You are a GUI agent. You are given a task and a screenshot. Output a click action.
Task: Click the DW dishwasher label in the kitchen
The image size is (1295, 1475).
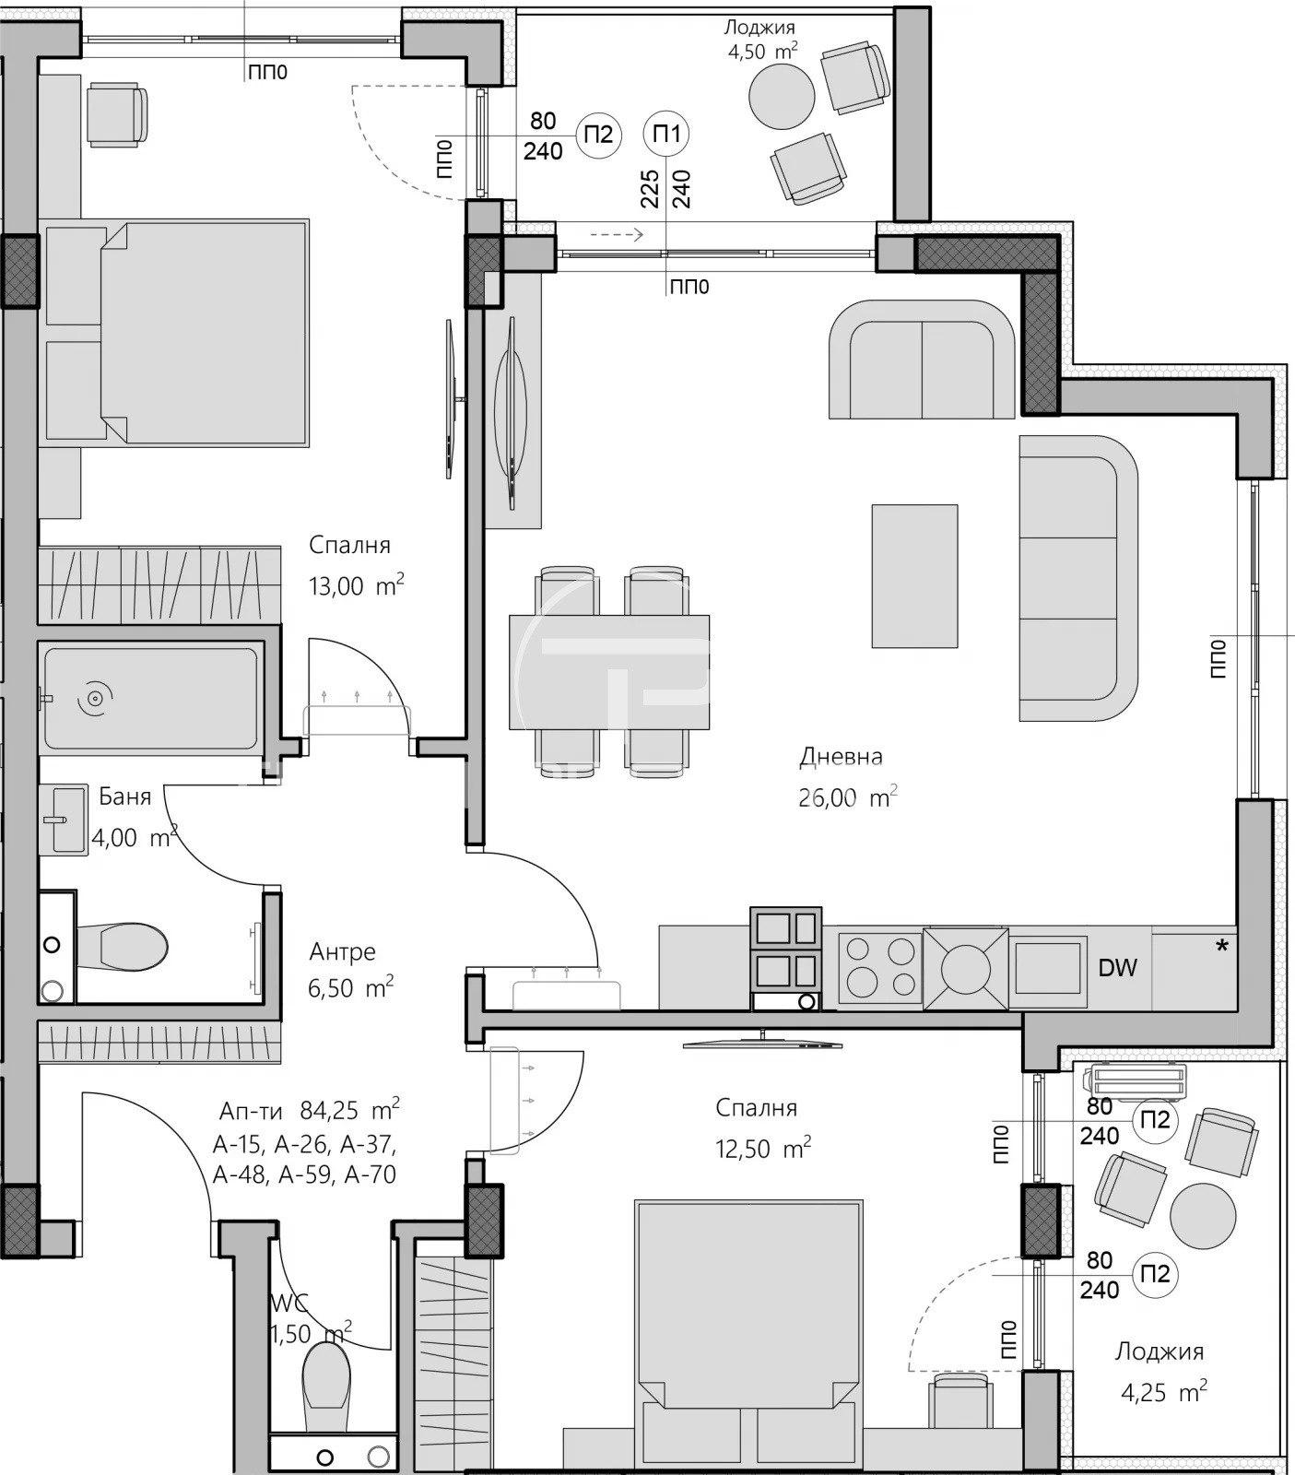point(1117,968)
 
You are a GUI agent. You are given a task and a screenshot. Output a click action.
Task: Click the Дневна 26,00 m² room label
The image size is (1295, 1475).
point(846,777)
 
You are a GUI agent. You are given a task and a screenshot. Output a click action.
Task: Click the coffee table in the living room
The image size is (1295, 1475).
point(914,576)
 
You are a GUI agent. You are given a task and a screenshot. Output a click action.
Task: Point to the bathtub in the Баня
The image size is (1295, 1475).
point(150,699)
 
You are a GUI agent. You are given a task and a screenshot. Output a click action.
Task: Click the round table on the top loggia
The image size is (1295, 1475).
point(782,97)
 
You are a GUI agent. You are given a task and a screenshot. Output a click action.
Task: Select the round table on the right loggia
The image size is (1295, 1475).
point(1203,1216)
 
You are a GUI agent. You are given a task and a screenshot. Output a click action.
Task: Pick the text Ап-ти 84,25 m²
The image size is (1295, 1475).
point(309,1109)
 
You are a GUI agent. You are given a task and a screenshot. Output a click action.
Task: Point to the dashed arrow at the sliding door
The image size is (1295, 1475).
point(616,235)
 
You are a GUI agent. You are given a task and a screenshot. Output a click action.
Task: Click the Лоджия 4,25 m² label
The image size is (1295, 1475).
point(1160,1371)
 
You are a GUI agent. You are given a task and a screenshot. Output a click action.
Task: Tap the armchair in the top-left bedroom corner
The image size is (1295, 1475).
point(117,113)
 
